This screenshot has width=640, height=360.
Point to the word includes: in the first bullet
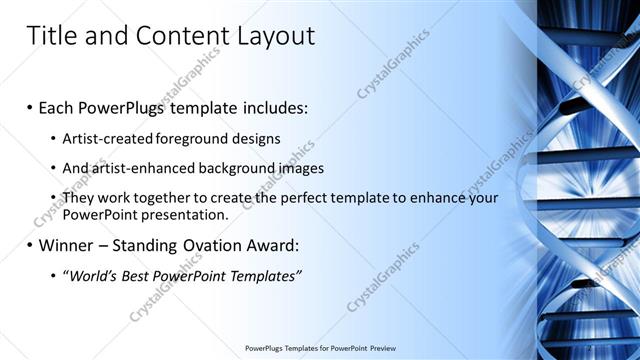click(x=271, y=107)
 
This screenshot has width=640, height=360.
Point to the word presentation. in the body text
click(x=185, y=214)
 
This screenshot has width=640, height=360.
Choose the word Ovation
click(x=209, y=245)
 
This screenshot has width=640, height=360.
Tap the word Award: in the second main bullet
click(x=275, y=245)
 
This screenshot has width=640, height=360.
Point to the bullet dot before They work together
click(x=52, y=198)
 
